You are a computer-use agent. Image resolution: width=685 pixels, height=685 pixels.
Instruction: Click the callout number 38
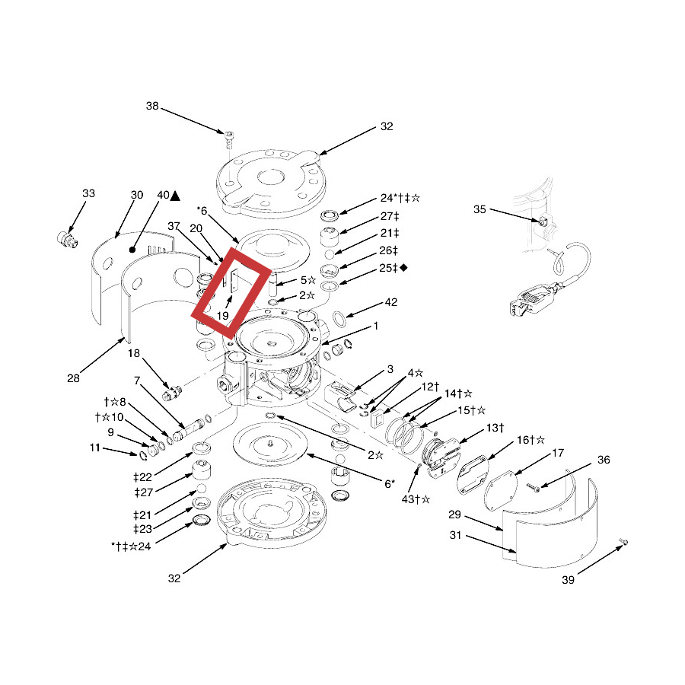click(152, 107)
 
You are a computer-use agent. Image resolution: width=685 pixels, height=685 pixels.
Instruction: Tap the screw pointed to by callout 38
click(228, 136)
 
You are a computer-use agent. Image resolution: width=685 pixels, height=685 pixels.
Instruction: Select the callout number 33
click(89, 194)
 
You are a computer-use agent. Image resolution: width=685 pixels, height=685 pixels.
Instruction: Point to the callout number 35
click(479, 209)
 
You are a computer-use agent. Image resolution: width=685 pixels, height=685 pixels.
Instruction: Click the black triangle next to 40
click(175, 196)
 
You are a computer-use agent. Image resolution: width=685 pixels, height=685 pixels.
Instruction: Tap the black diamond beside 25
click(403, 267)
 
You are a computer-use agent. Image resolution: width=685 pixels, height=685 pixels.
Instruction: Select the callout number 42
click(390, 301)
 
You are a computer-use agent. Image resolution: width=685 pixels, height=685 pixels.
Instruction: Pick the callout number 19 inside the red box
click(222, 314)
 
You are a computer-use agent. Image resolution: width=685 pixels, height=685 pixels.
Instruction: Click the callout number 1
click(375, 326)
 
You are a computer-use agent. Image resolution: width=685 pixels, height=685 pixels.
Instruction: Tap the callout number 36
click(604, 459)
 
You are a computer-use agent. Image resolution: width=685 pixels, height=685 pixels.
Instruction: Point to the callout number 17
click(558, 454)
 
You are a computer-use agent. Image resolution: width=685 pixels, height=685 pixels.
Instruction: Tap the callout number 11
click(94, 448)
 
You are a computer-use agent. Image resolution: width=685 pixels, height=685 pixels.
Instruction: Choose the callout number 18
click(133, 354)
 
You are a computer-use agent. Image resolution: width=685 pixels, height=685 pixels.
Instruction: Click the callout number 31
click(455, 535)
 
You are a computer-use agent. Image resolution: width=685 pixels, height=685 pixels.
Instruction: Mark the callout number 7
click(137, 380)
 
